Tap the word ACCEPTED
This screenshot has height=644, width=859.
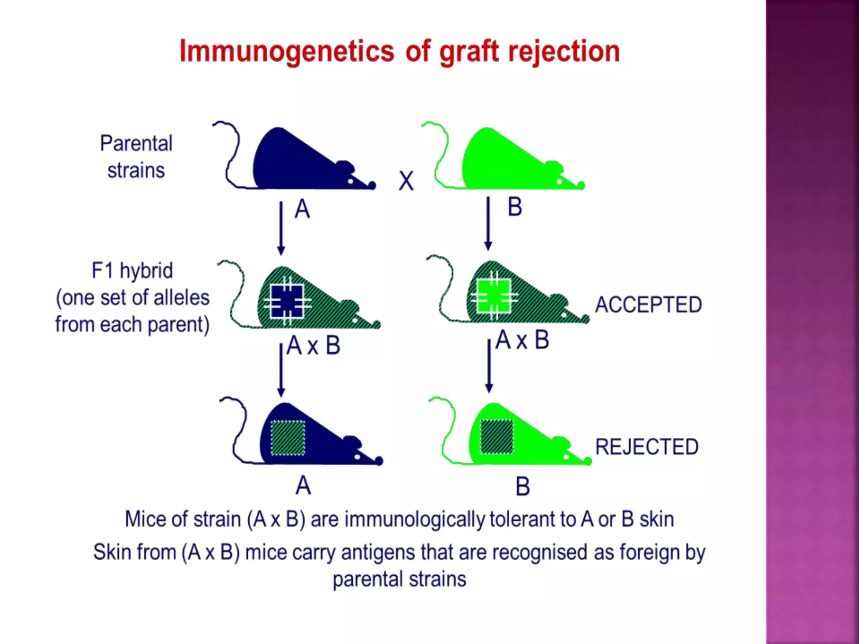[x=648, y=305]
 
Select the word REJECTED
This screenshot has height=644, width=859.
[x=647, y=447]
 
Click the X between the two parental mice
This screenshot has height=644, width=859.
[x=406, y=181]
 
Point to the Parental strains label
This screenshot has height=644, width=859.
[x=136, y=157]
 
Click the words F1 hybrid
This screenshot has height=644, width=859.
[x=132, y=270]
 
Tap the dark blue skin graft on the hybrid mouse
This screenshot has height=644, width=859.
[x=287, y=301]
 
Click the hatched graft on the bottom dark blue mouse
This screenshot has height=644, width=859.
[x=288, y=438]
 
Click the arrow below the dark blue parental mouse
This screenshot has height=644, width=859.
[x=281, y=228]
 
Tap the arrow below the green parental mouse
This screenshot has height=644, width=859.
[x=488, y=224]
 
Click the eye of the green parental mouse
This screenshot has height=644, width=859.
[x=559, y=182]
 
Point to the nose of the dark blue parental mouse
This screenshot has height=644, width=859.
[x=372, y=185]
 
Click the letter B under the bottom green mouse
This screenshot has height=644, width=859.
[x=523, y=487]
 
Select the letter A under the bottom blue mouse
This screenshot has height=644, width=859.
[x=303, y=486]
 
